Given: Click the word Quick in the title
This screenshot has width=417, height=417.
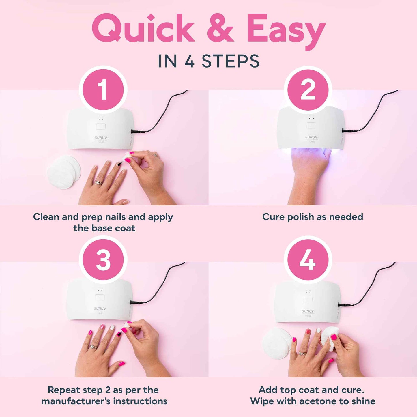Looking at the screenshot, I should click(143, 29).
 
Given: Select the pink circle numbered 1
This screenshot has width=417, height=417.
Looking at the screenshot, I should click(103, 90).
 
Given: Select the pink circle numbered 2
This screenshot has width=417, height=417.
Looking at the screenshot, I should click(308, 90).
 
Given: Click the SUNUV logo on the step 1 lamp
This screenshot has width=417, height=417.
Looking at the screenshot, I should click(101, 138).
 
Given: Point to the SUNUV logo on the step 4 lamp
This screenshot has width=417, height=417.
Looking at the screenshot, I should click(308, 311).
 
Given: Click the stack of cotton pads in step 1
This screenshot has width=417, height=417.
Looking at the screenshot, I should click(63, 172).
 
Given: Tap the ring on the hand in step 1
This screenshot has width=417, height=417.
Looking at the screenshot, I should click(98, 183).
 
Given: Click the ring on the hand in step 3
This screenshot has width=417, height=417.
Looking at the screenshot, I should click(93, 347).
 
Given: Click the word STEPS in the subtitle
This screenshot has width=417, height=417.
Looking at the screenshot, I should click(231, 61).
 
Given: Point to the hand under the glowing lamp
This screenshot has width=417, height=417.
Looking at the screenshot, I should click(309, 173).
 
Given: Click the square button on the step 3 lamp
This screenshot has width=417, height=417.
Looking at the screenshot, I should click(100, 298).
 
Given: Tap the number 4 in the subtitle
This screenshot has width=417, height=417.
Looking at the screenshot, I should click(189, 61).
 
